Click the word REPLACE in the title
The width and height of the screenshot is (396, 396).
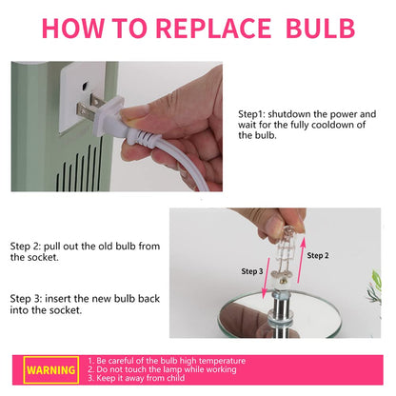tap(213, 29)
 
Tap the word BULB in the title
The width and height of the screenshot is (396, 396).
tap(320, 29)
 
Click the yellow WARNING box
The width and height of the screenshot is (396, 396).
tap(51, 369)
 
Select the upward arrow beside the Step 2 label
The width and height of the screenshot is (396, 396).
tap(302, 260)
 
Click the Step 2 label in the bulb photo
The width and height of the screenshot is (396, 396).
tap(318, 255)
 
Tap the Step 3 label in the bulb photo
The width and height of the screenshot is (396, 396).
tap(252, 271)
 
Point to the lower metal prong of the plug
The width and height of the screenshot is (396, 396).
tap(85, 112)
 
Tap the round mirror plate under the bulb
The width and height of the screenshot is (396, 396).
tap(281, 314)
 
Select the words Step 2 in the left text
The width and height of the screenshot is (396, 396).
tap(26, 247)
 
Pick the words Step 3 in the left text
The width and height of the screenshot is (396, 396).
tap(26, 299)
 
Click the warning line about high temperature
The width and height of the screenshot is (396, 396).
tap(167, 361)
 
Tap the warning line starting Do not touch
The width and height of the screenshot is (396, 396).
tap(162, 369)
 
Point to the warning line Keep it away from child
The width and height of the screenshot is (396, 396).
tap(136, 378)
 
